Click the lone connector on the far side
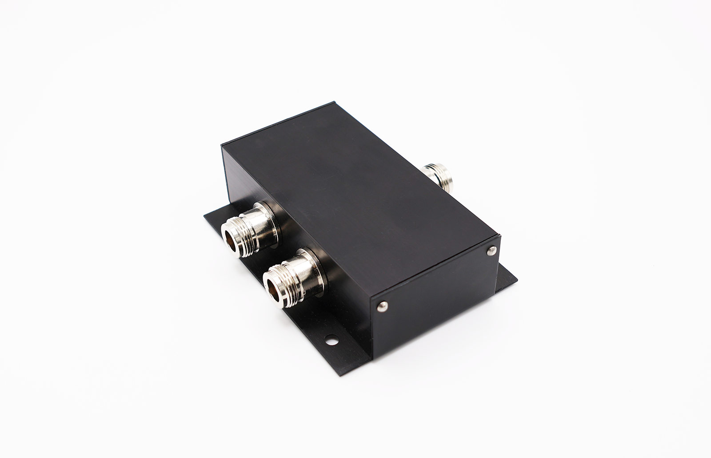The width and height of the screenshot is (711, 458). [x=437, y=175]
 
